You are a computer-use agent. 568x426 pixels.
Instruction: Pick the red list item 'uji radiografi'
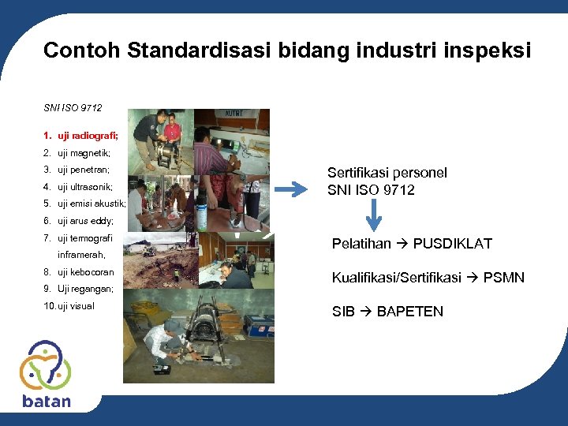(x=88, y=136)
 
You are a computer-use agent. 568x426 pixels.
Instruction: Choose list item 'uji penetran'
(x=84, y=170)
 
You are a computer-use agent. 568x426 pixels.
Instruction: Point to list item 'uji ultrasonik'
(x=85, y=187)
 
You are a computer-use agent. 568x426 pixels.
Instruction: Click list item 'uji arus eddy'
(x=85, y=221)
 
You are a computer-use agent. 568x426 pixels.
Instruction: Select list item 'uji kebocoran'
(x=85, y=272)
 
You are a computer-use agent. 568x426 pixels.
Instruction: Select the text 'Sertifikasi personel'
(x=387, y=173)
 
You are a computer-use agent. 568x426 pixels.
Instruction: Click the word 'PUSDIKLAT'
(x=452, y=244)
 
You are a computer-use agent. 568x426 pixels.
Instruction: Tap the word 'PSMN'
(x=504, y=278)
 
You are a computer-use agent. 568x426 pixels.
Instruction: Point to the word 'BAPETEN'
(x=410, y=312)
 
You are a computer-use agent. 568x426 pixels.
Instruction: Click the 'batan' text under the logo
(x=46, y=401)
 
